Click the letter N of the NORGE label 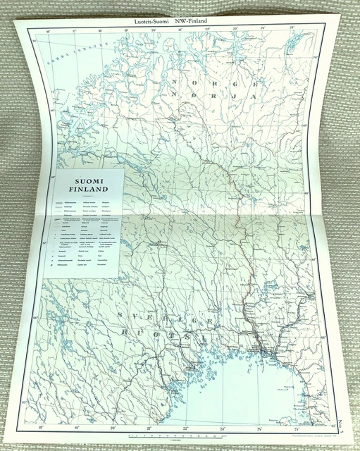tap(175, 83)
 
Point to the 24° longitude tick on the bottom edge tap(260, 428)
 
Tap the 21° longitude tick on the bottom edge tap(149, 428)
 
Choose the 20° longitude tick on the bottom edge tap(113, 428)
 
